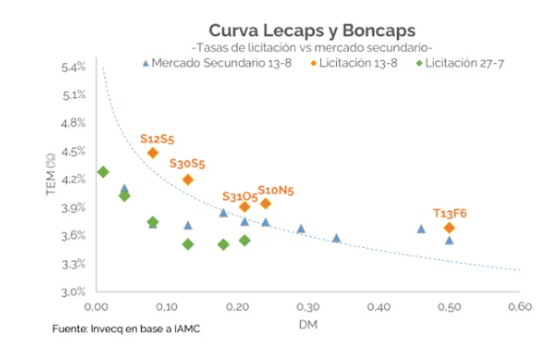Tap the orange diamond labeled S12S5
click(x=153, y=153)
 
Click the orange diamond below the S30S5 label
click(x=188, y=180)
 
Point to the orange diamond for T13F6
click(x=450, y=227)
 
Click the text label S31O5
click(x=240, y=197)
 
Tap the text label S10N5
click(x=275, y=190)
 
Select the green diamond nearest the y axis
click(x=103, y=172)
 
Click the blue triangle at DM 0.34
click(x=336, y=238)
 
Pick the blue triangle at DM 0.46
click(x=420, y=228)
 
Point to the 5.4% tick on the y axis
click(x=74, y=68)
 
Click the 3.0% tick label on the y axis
click(x=74, y=292)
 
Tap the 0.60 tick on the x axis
click(x=519, y=306)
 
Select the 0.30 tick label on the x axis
click(x=308, y=306)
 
